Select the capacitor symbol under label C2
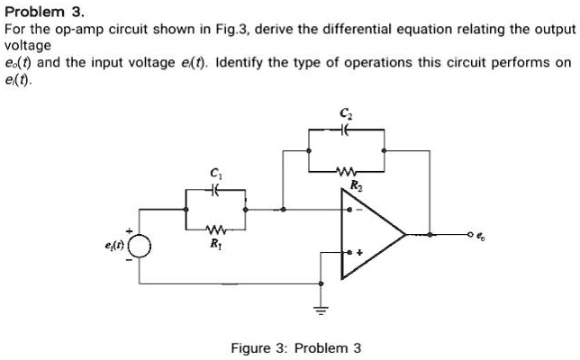tap(347, 130)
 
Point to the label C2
tap(347, 113)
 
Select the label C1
tap(213, 173)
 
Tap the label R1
tap(214, 243)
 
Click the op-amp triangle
tap(374, 235)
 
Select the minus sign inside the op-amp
tap(361, 213)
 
